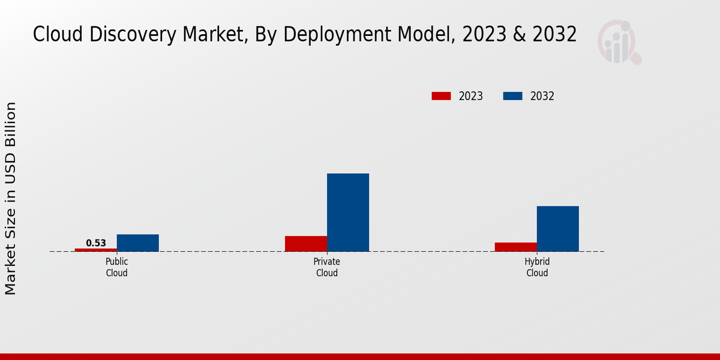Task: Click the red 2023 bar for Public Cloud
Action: click(x=96, y=250)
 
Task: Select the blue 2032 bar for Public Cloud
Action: click(x=138, y=243)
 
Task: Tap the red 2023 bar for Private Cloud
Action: click(x=306, y=244)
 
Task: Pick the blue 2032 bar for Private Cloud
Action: click(x=348, y=212)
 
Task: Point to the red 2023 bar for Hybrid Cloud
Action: click(x=516, y=247)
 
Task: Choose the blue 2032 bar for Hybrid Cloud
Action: click(x=558, y=229)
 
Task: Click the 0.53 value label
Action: click(x=96, y=243)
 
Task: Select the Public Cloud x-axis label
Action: click(x=117, y=268)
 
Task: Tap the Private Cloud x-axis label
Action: click(x=327, y=268)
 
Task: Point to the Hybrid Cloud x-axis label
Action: click(x=537, y=268)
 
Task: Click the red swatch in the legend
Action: click(x=441, y=96)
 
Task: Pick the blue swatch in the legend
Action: click(x=512, y=96)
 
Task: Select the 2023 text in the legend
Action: click(x=471, y=96)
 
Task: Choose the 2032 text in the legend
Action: click(x=542, y=96)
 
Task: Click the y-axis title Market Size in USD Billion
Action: click(x=11, y=198)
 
